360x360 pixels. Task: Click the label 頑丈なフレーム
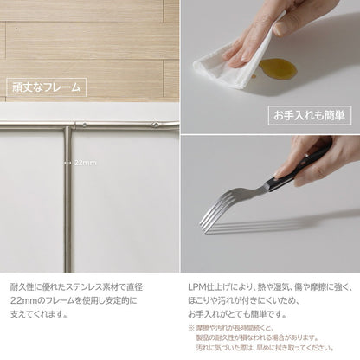[x=45, y=87]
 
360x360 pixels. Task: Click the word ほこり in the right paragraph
[x=200, y=300]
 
